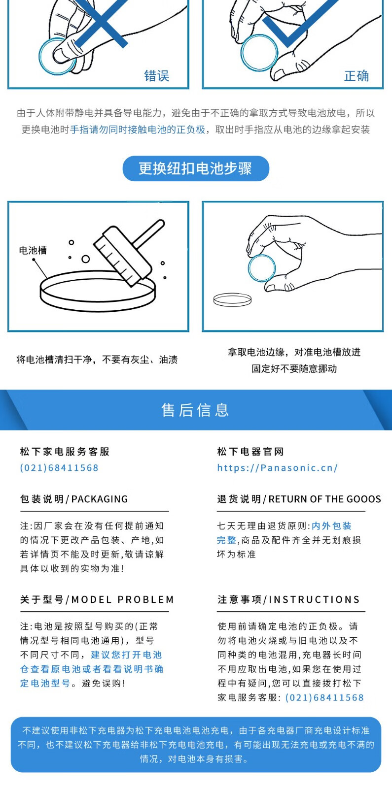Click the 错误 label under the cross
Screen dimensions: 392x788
coord(157,76)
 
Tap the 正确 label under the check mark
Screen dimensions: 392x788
coord(356,76)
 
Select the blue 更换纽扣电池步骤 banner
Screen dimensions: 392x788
coord(196,168)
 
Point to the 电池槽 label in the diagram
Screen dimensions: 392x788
coord(33,250)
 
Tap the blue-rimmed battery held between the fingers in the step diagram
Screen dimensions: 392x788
coord(261,268)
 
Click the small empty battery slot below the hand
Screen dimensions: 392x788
coord(232,300)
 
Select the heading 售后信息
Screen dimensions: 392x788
coord(195,410)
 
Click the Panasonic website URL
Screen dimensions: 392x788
coord(278,468)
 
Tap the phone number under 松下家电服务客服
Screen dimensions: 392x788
coord(59,468)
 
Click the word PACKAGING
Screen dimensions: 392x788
coord(100,499)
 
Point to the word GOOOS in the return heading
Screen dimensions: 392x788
coord(364,499)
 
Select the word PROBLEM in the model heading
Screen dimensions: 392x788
coord(146,599)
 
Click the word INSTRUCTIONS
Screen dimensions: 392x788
coord(314,599)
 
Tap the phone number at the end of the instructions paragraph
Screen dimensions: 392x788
coord(324,697)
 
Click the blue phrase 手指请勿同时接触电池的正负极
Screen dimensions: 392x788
coord(138,130)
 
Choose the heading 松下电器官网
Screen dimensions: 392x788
coord(250,452)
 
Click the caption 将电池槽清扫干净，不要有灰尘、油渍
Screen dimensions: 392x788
coord(97,360)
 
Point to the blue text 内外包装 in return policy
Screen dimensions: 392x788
coord(332,526)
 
